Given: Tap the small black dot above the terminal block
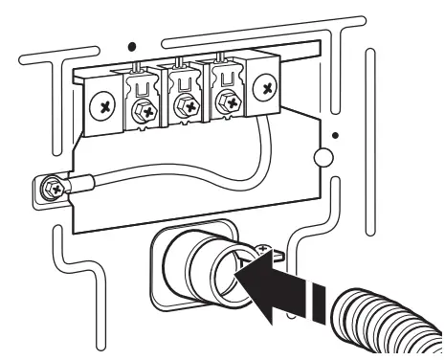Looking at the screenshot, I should click(130, 44).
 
